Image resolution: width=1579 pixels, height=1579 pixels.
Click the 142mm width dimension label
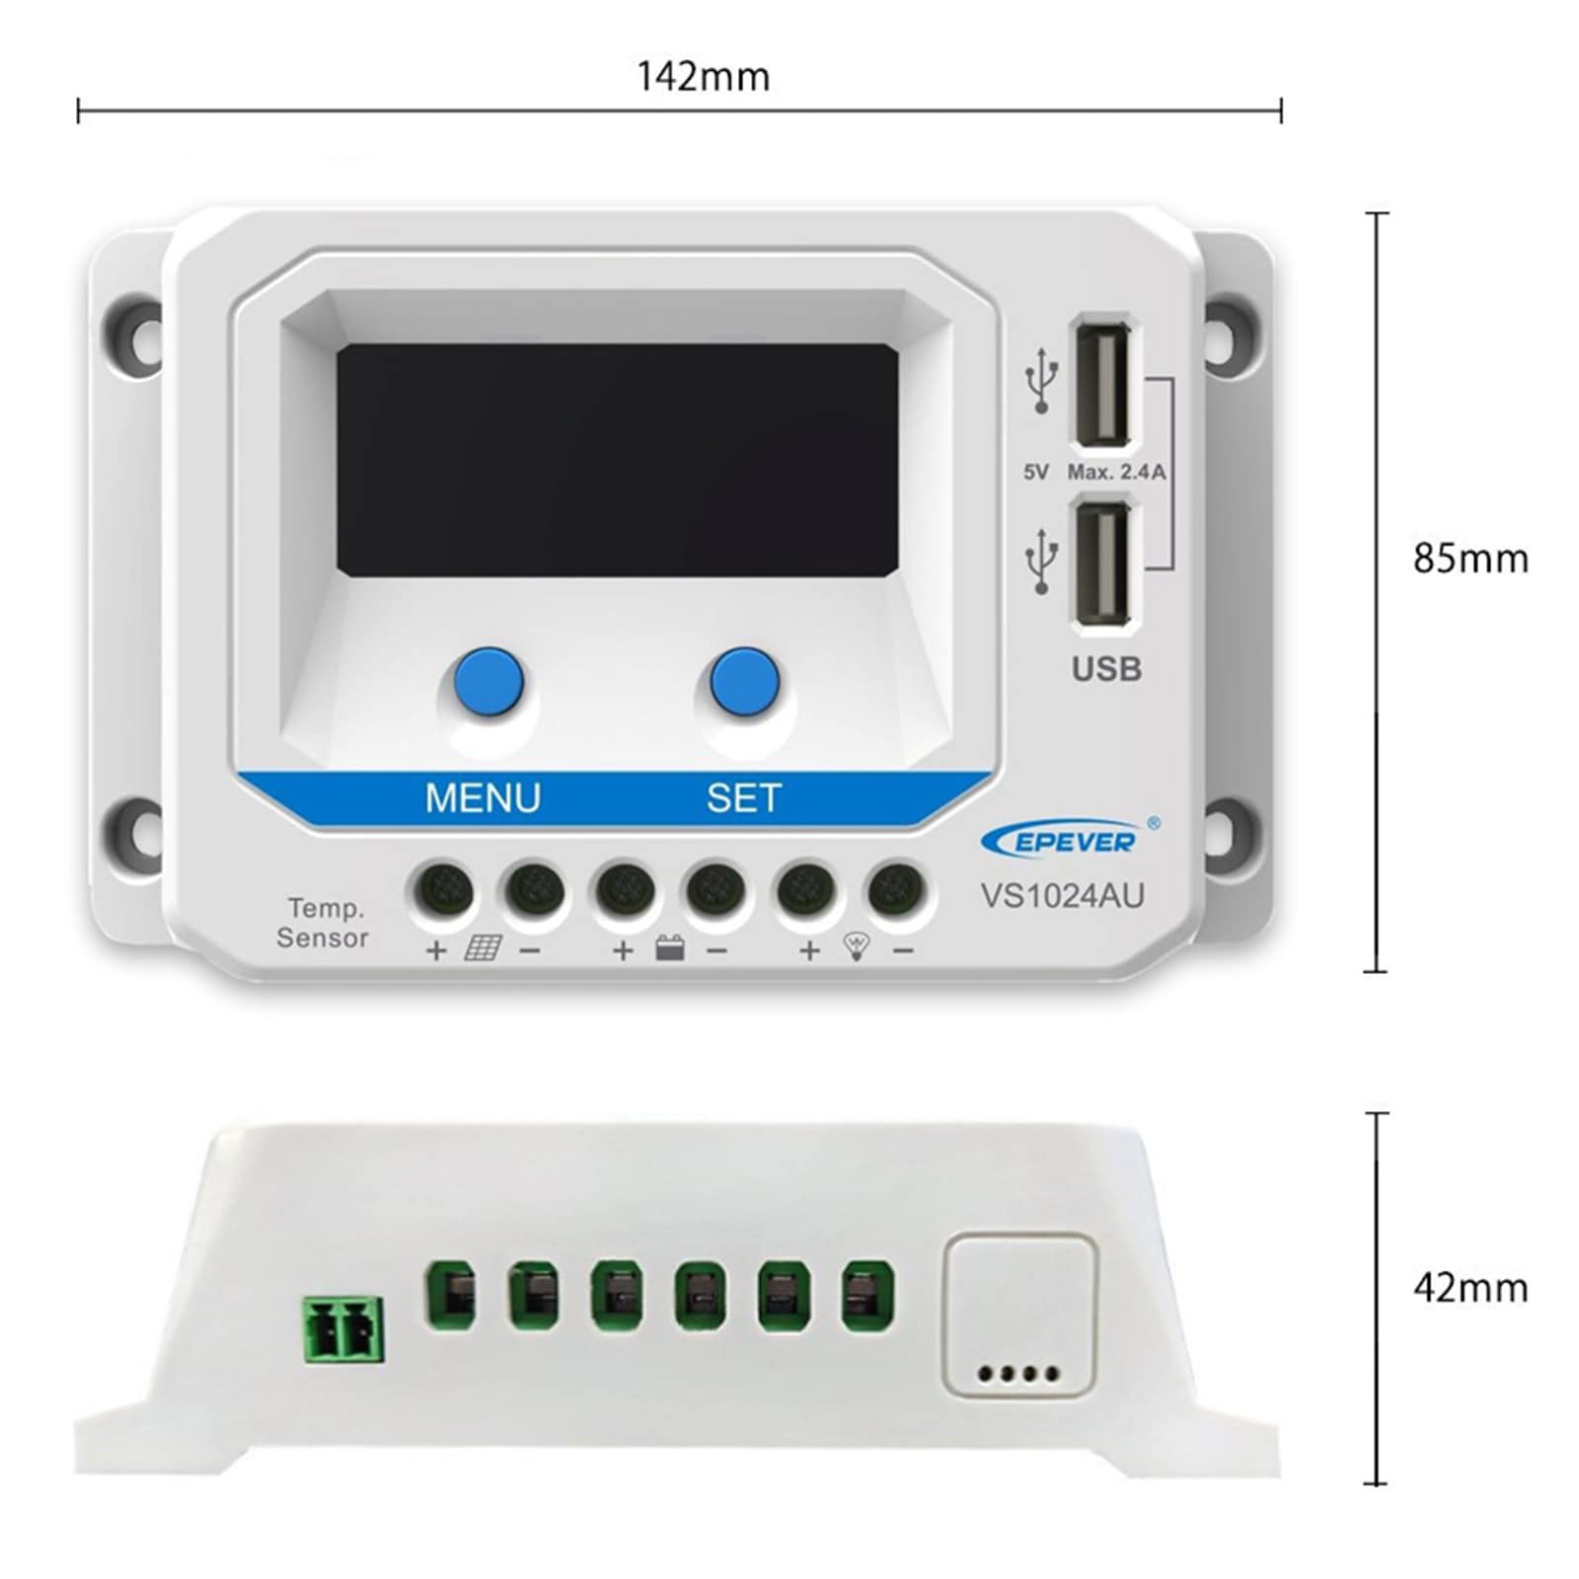(703, 76)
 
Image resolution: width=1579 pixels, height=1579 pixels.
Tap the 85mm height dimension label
(1470, 559)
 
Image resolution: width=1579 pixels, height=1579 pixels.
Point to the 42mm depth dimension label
(1470, 1288)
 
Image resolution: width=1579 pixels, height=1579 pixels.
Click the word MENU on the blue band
(483, 797)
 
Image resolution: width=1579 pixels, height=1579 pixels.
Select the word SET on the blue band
(744, 797)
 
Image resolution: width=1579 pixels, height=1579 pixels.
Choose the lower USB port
(1103, 564)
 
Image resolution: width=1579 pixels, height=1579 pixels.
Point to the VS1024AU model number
(1062, 895)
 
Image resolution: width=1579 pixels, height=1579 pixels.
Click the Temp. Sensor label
(323, 923)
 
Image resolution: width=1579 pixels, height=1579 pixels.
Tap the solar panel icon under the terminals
(483, 949)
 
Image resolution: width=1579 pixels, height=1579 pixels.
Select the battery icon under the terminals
(670, 949)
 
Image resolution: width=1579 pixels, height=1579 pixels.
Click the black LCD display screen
(618, 461)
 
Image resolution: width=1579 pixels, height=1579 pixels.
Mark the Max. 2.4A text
(1116, 473)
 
